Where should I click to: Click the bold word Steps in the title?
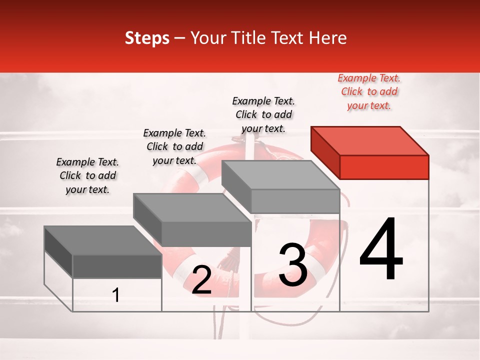pos(147,38)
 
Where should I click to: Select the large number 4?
pos(381,249)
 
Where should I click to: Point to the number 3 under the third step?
pos(293,265)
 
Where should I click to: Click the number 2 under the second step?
pos(201,280)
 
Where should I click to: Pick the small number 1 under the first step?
pos(116,295)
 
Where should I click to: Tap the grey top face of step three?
pos(280,175)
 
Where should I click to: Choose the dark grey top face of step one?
pos(102,240)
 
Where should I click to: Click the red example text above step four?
pos(369,92)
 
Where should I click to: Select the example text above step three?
pos(263,114)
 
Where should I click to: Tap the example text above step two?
pos(174,146)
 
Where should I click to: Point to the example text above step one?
pos(87,175)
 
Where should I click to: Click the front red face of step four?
pos(384,167)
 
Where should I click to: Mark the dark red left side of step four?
pos(325,152)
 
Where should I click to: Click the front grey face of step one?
pos(117,266)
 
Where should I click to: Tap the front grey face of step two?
pos(206,234)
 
